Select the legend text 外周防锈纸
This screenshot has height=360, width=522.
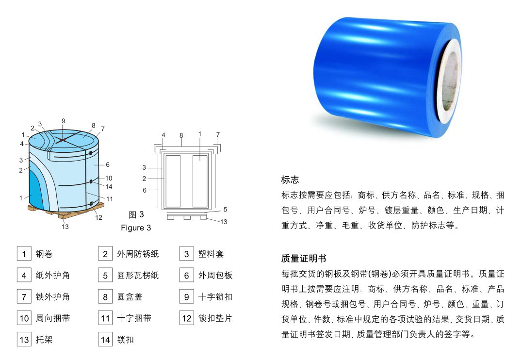coord(138,254)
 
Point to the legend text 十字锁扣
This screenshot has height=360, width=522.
coord(215,297)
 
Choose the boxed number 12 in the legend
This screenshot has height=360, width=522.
coord(187,318)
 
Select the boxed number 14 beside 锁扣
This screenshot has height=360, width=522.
coord(105,340)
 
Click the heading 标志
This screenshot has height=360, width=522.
coord(290,180)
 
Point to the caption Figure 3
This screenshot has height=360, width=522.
coord(136,228)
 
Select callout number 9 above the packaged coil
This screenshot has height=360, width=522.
coord(63,121)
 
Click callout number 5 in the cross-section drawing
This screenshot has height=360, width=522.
coord(225,210)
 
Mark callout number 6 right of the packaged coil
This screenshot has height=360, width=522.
coord(108,165)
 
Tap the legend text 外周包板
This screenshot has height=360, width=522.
coord(215,276)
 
